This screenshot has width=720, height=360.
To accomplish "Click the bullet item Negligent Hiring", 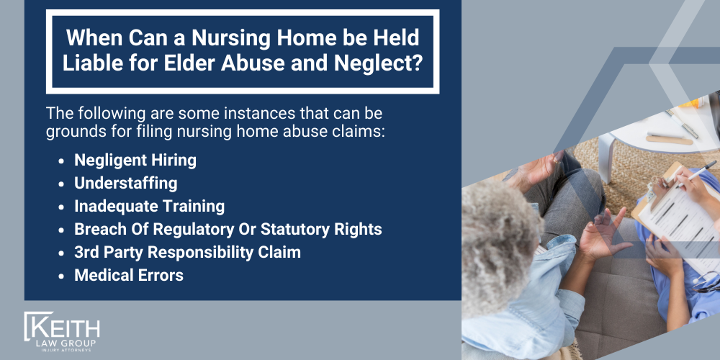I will pos(135,160).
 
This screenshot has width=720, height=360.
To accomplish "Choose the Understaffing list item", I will pos(125,183).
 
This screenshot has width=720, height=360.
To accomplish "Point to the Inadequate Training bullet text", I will pos(149,206).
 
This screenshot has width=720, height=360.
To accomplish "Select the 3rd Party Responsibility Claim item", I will pos(187,252).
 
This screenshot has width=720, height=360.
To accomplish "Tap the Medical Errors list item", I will pos(128,275).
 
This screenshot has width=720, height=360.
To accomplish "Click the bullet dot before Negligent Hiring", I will pos(63,161).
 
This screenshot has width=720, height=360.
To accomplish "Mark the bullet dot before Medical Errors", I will pos(63,276).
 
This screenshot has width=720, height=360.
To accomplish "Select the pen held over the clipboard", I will pos(695,174).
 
